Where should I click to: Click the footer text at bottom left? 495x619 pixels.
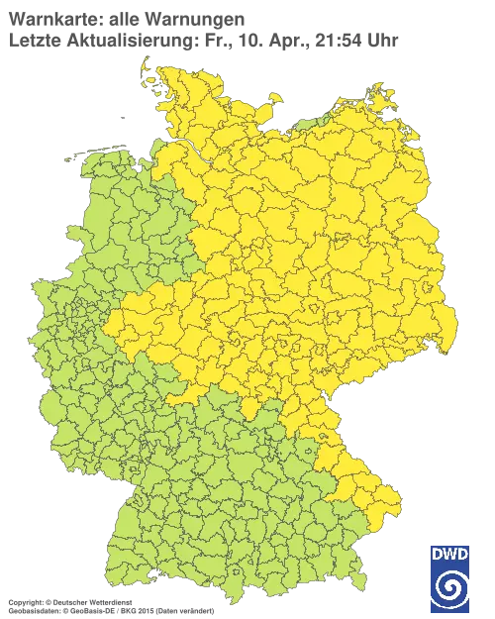pyautogui.click(x=109, y=601)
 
